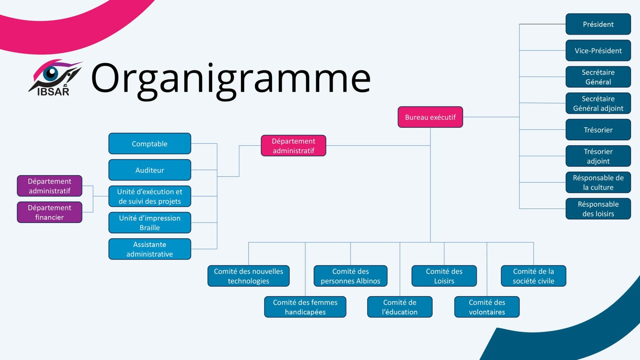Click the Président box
[598, 24]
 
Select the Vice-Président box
[598, 50]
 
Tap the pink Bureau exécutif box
[430, 117]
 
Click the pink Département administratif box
[293, 146]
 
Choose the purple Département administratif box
[49, 186]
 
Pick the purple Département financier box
[49, 212]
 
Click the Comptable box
[150, 144]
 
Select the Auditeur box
[150, 170]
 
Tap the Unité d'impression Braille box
[150, 223]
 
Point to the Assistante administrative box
[150, 249]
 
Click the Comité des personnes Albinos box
[350, 276]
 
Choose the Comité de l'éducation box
[400, 307]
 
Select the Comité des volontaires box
[487, 307]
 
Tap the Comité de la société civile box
[533, 276]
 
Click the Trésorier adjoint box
[598, 156]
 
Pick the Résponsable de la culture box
[598, 182]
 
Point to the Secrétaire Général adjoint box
[598, 103]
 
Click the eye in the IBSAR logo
[51, 73]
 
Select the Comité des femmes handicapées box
[305, 307]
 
